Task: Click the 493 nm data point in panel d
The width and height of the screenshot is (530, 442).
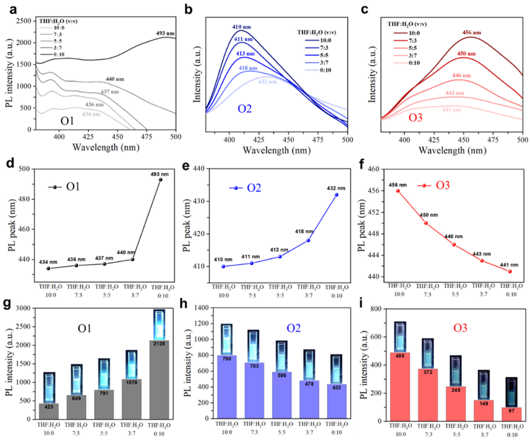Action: click(160, 179)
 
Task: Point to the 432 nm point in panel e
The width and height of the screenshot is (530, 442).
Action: click(336, 195)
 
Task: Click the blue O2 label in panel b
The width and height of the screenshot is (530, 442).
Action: click(244, 109)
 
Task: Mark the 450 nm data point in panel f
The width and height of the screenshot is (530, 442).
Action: click(426, 223)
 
